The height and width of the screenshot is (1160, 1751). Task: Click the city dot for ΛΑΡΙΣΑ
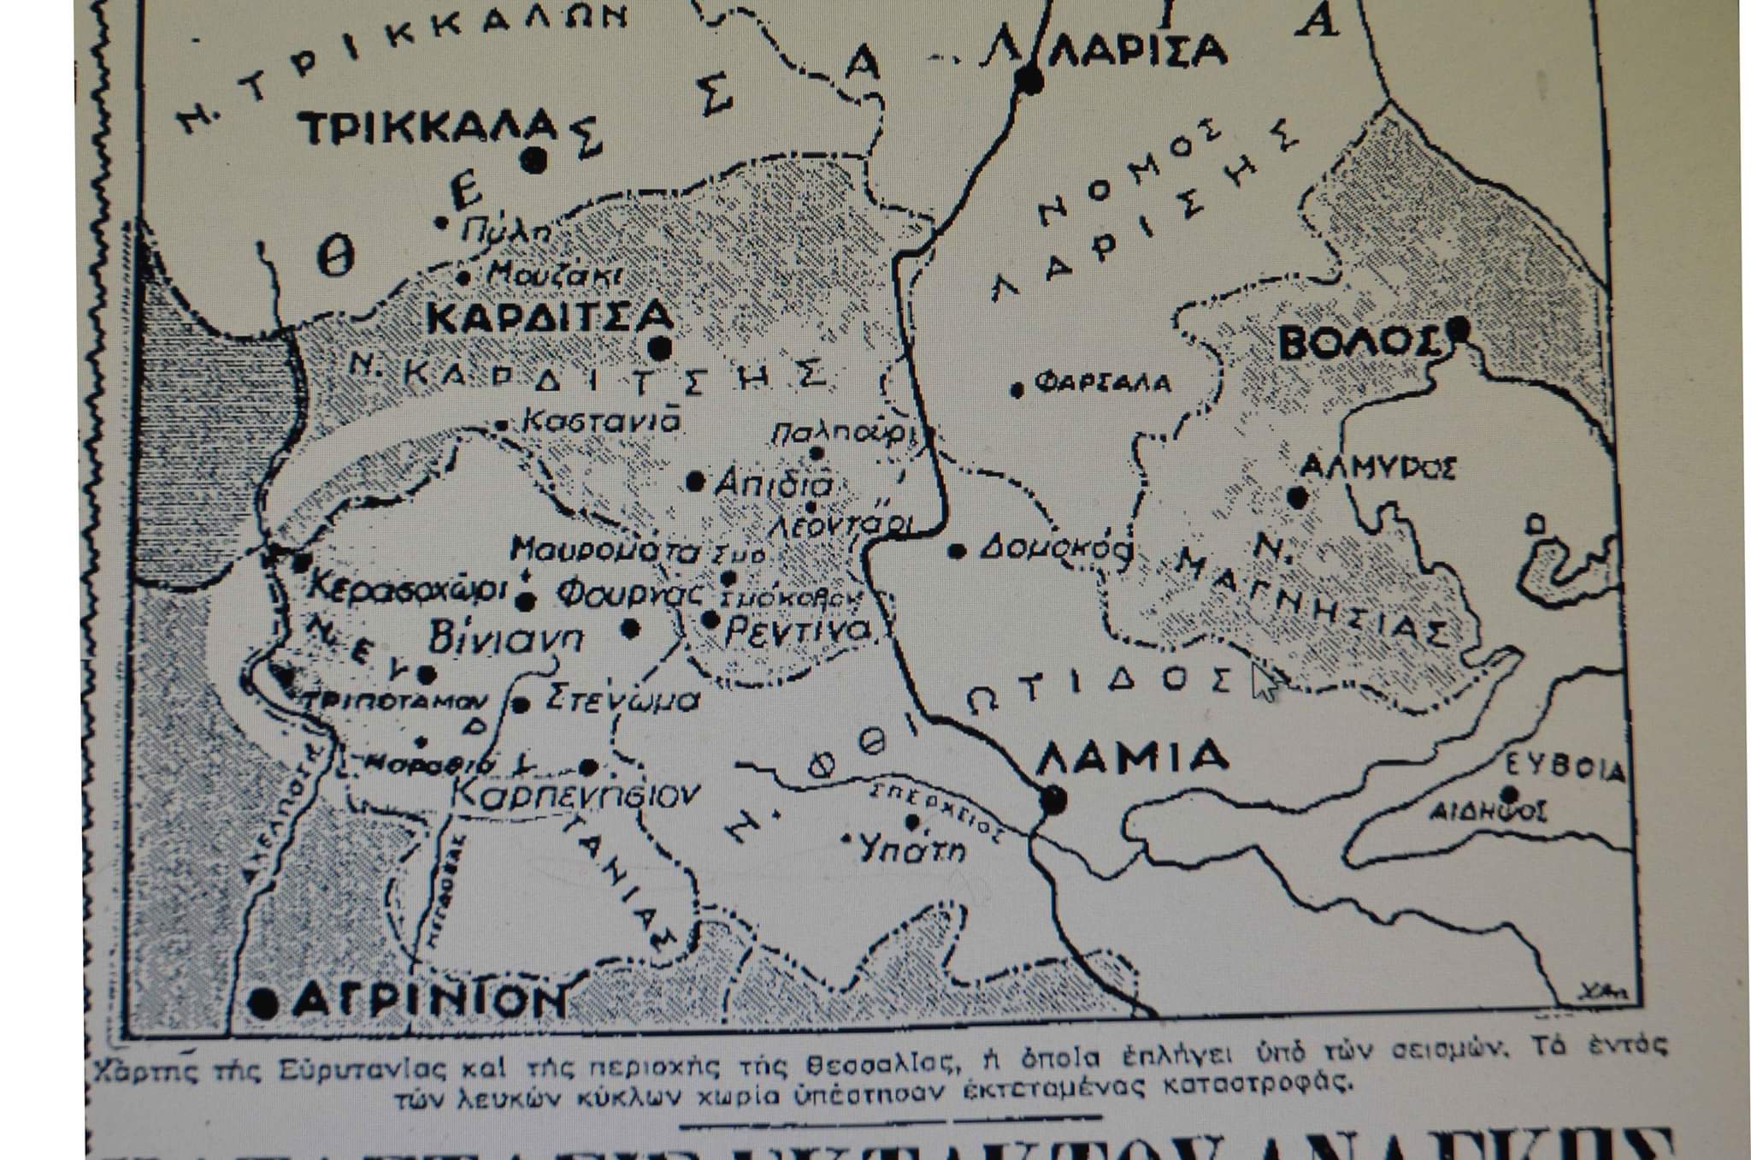point(1031,81)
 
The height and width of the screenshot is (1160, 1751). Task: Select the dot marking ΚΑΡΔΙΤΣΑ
point(659,348)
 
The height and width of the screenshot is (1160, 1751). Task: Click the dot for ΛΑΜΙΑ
point(1053,800)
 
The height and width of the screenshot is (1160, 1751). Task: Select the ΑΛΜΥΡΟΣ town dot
point(1298,497)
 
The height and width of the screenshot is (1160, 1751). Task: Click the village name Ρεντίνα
point(797,631)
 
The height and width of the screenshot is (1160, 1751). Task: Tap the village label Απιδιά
point(772,484)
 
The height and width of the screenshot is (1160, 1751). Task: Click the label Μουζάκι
point(554,275)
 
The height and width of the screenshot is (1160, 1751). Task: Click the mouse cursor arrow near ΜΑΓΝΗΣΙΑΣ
point(1264,682)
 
